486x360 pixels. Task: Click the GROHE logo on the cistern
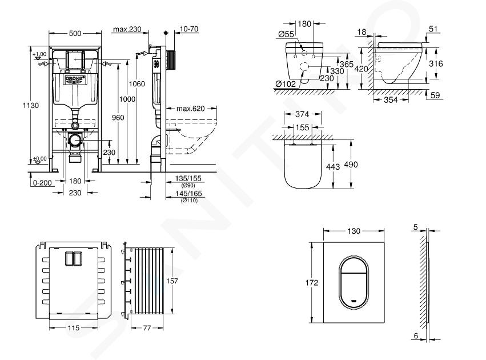click(75, 79)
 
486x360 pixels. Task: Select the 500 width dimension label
click(75, 33)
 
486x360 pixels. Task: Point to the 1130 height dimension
click(31, 105)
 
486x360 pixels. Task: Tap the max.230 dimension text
click(127, 29)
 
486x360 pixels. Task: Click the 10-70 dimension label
click(189, 29)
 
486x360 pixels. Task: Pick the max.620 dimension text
click(191, 109)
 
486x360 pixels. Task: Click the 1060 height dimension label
click(136, 84)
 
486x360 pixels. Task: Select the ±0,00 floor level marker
click(39, 159)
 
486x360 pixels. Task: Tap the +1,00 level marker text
click(39, 54)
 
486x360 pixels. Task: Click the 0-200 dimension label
click(42, 183)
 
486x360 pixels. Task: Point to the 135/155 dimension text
click(188, 179)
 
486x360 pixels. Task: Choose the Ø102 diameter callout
click(286, 84)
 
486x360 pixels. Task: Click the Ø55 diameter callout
click(286, 34)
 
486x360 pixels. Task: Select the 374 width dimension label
click(302, 114)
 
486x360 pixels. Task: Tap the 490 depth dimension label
click(351, 165)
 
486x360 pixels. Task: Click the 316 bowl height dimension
click(436, 63)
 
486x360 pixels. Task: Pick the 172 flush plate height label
click(312, 282)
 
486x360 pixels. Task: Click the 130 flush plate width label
click(354, 231)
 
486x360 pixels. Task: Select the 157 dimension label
click(172, 281)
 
